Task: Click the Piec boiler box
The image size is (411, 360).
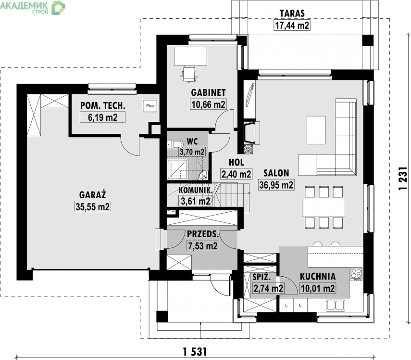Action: pos(150,106)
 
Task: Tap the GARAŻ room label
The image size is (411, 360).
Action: pos(92,195)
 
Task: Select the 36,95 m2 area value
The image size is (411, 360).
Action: pos(276,185)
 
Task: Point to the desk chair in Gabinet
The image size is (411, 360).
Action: pos(189,75)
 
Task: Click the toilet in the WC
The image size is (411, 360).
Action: pos(175,144)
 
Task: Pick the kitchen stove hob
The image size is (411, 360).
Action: pos(356,274)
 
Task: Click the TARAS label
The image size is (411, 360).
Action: pos(292,13)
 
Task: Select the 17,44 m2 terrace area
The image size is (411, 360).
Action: pos(292,26)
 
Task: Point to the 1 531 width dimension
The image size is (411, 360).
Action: pos(195,352)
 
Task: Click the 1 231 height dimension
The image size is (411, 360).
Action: pos(403,179)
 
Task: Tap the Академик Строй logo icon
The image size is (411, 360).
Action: pos(58,8)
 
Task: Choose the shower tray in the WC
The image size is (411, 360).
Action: pos(177,169)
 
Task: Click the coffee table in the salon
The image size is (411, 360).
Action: pos(316,130)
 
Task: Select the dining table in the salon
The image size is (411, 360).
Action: pos(324,207)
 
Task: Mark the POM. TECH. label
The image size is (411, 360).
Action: pos(102,105)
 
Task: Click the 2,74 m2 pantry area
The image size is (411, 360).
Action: pos(268,288)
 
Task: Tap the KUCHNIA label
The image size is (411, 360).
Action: pos(318,276)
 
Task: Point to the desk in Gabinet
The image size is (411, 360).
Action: pos(190,56)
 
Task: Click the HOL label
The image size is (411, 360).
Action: pos(237,162)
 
